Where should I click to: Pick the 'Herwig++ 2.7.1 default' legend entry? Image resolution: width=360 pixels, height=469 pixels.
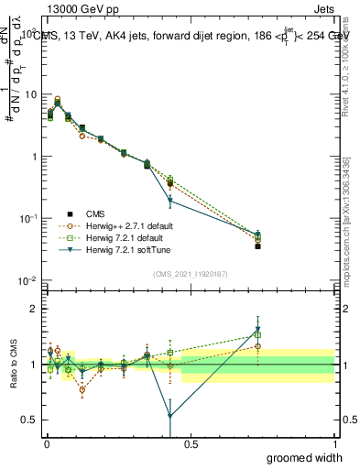[119, 224]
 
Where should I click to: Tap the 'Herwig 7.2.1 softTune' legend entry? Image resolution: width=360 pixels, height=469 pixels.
[118, 249]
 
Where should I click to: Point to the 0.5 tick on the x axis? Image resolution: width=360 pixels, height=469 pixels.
[190, 443]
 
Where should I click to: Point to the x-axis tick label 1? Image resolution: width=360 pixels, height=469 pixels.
[334, 443]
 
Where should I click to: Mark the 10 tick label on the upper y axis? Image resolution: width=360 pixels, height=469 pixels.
[30, 94]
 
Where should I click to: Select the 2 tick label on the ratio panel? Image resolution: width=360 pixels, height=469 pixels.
[35, 309]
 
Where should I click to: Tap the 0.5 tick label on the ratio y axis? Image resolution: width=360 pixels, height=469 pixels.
[30, 420]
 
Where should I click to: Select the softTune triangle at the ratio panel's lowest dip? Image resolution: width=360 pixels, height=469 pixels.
[170, 416]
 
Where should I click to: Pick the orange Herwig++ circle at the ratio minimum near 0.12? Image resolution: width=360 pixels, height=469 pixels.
[82, 389]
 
